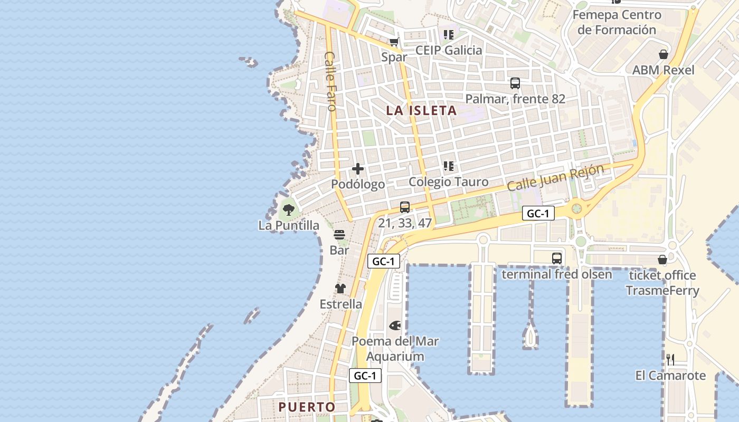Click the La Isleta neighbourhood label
pyautogui.click(x=421, y=111)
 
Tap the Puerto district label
pyautogui.click(x=307, y=407)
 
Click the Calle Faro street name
pyautogui.click(x=331, y=81)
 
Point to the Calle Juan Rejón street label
pyautogui.click(x=555, y=178)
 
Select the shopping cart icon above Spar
pyautogui.click(x=394, y=42)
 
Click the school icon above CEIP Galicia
pyautogui.click(x=449, y=35)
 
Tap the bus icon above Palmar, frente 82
pyautogui.click(x=515, y=83)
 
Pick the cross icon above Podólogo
pyautogui.click(x=358, y=169)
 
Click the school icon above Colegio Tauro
pyautogui.click(x=449, y=167)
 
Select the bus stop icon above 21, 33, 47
pyautogui.click(x=405, y=207)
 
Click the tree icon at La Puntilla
pyautogui.click(x=288, y=210)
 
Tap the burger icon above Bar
pyautogui.click(x=339, y=235)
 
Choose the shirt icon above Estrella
pyautogui.click(x=340, y=289)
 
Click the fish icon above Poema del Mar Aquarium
pyautogui.click(x=395, y=325)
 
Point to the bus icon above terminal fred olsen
pyautogui.click(x=557, y=258)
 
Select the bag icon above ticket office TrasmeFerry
pyautogui.click(x=662, y=260)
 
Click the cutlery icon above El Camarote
pyautogui.click(x=670, y=360)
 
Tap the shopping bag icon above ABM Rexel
pyautogui.click(x=664, y=54)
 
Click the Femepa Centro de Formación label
pyautogui.click(x=617, y=22)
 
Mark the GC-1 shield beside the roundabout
pyautogui.click(x=538, y=214)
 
